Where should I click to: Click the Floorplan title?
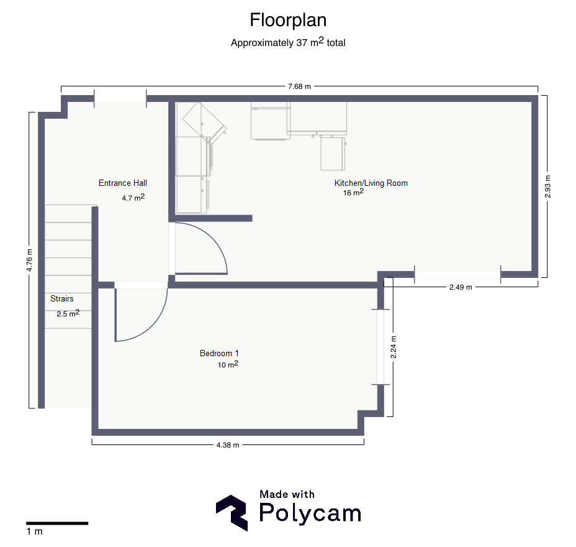288,21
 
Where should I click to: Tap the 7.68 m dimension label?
299,86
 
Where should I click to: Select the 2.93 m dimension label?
547,186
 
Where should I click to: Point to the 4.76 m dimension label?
29,260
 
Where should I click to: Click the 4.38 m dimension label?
228,445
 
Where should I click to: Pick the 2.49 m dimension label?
461,287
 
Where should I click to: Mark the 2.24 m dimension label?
393,347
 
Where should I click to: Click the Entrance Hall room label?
123,183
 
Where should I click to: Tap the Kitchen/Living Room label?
371,183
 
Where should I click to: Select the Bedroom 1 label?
219,354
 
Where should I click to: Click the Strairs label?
61,299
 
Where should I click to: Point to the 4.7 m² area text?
133,198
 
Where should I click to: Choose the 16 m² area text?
353,192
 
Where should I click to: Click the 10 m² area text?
228,364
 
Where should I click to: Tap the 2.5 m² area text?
68,313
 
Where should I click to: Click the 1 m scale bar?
57,523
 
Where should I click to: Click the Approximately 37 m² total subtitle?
288,42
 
